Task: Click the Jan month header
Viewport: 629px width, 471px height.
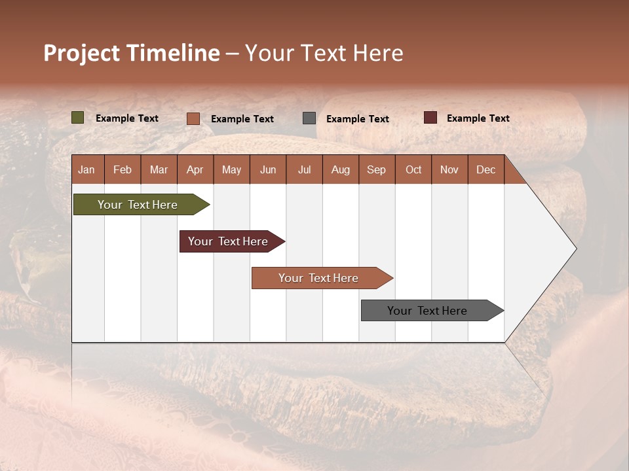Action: tap(87, 170)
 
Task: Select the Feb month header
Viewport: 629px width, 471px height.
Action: tap(123, 170)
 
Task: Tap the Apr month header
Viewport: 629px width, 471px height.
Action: tap(195, 170)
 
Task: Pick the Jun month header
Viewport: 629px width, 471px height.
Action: tap(268, 170)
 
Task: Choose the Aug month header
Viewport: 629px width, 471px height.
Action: tap(340, 170)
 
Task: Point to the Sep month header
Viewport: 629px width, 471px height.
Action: tap(376, 170)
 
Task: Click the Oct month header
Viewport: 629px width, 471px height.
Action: tap(413, 170)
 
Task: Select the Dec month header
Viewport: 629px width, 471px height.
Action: tap(486, 170)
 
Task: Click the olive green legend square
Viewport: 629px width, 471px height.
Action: tap(77, 118)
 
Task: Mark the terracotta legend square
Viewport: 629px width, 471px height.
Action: tap(193, 118)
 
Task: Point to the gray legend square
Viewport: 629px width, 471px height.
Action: tap(309, 118)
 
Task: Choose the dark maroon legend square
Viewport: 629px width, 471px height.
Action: tap(430, 118)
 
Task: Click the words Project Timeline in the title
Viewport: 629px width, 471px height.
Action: tap(132, 53)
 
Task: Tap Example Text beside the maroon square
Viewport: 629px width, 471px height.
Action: tap(478, 118)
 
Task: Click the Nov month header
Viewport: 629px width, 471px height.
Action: tap(449, 170)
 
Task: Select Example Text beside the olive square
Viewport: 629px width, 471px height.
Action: tap(126, 118)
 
